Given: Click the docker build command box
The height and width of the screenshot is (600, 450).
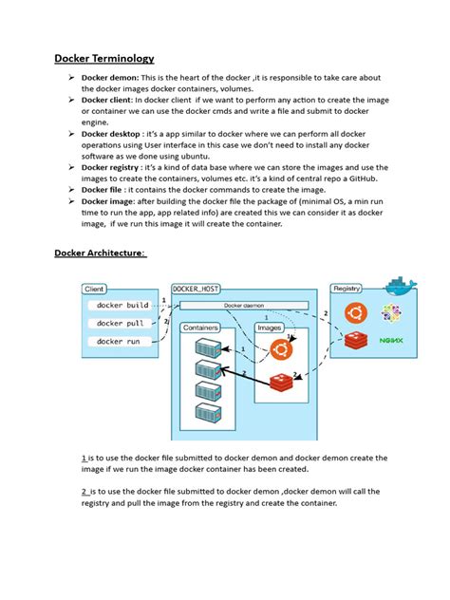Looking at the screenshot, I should pos(122,306).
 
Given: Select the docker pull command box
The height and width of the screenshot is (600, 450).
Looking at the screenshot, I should pos(120,323).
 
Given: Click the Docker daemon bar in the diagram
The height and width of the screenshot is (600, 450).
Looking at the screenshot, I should pos(244,306).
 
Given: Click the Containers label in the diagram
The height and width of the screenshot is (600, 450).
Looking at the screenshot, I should pos(200,328).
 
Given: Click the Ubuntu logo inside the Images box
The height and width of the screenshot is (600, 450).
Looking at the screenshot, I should pos(280,352).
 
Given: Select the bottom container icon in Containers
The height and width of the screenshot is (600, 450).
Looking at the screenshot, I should pos(208,413).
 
